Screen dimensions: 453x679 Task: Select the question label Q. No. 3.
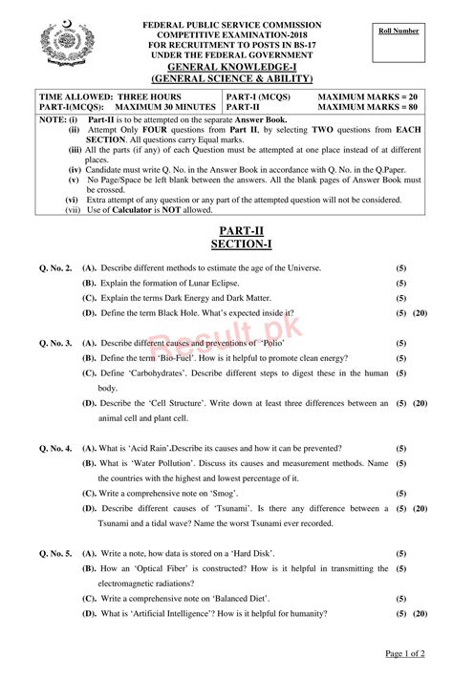click(x=55, y=342)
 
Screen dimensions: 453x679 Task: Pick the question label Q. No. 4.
click(x=55, y=447)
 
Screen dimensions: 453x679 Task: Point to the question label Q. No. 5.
click(x=55, y=553)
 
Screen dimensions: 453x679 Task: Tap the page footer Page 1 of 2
click(x=405, y=653)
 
